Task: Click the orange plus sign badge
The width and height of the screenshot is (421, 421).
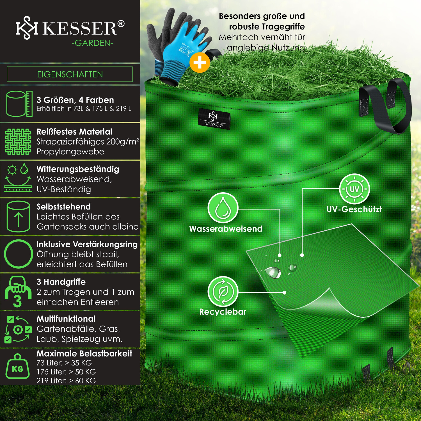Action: tap(200, 62)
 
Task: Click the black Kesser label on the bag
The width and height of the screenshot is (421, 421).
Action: tap(214, 119)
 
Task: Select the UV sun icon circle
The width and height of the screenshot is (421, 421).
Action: tap(354, 189)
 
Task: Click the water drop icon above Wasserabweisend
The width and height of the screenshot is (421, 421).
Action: tap(223, 208)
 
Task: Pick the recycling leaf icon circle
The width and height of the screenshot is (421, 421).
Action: tap(223, 292)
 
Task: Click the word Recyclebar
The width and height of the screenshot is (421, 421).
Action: tap(223, 312)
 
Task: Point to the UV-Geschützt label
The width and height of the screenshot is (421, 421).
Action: tap(354, 209)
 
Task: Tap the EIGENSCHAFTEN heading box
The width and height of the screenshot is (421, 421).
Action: tap(70, 74)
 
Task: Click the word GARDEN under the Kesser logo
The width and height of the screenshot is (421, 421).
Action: tap(92, 43)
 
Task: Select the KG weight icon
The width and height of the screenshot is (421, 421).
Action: tap(17, 366)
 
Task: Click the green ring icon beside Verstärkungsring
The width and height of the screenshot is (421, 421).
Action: tap(19, 254)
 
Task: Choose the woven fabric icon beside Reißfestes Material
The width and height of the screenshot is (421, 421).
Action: tap(18, 142)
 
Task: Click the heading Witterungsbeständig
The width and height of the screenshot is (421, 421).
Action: tap(78, 169)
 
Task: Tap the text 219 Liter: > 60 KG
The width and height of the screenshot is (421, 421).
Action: tap(66, 381)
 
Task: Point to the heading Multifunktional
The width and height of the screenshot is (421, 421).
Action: tap(66, 319)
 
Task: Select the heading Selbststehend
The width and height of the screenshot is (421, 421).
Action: tap(64, 207)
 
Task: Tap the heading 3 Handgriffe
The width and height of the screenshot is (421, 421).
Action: tap(61, 282)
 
